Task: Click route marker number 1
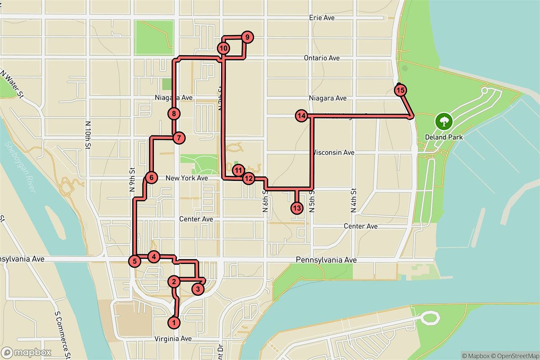174,322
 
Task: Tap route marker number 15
400,90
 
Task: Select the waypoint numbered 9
247,37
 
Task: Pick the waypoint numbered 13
296,208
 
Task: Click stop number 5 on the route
134,261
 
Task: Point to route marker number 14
301,116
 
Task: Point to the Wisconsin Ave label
333,153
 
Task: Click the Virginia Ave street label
173,338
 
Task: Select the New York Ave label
187,178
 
